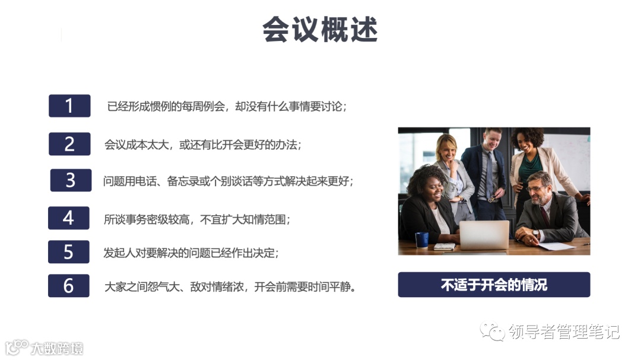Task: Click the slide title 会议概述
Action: [320, 30]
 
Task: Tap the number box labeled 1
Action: [69, 106]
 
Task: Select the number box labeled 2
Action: [69, 144]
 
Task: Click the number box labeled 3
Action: [71, 180]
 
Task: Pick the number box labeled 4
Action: [69, 218]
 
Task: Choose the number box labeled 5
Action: [69, 252]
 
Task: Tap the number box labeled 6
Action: [69, 286]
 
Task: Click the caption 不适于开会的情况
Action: [494, 285]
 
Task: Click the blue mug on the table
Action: [422, 239]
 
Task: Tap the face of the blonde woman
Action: [447, 148]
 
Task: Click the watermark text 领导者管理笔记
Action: [564, 332]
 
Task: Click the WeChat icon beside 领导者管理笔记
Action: [493, 331]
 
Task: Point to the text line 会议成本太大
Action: [202, 144]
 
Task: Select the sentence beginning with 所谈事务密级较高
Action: [196, 219]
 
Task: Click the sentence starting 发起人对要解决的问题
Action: [191, 253]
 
